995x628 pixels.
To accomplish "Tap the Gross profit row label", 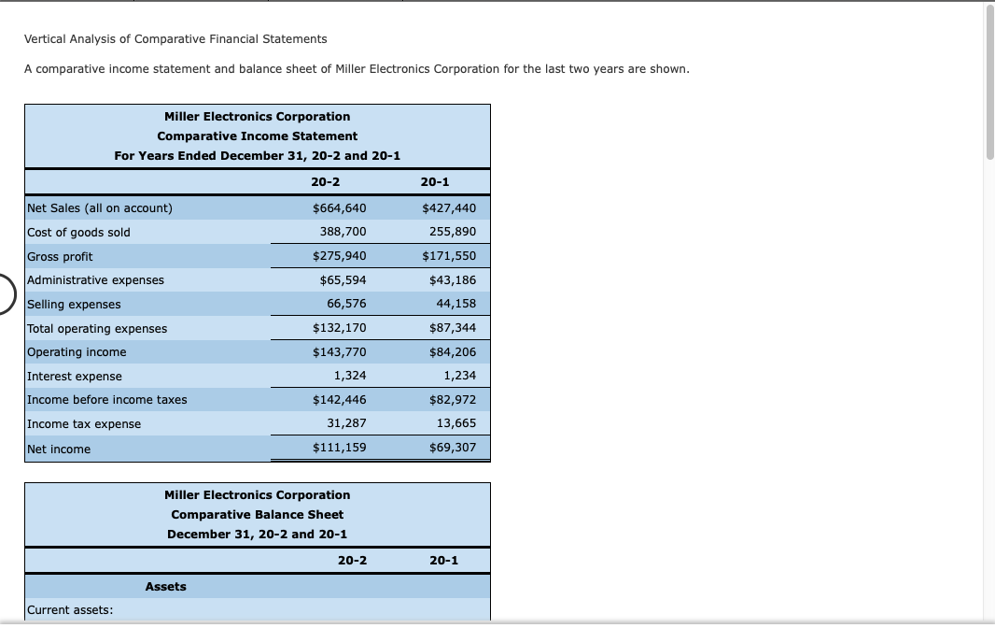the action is (x=60, y=256).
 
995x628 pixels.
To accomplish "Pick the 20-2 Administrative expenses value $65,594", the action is (x=343, y=279).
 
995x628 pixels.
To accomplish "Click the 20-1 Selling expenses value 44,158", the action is (x=455, y=304).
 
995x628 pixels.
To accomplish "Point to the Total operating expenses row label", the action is (x=97, y=328).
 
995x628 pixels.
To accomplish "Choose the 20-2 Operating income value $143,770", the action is (x=339, y=352).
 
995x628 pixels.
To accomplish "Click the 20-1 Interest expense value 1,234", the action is (x=459, y=376).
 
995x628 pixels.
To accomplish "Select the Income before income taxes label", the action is (x=106, y=400).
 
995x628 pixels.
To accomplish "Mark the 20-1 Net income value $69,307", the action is (x=453, y=448).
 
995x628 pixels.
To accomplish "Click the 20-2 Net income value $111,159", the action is (x=339, y=448).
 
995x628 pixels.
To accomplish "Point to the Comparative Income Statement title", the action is (x=257, y=136).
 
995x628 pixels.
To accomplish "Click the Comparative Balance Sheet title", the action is (x=257, y=515).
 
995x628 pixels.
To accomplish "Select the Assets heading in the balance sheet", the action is (x=165, y=587).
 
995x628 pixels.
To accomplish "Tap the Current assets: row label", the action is (x=70, y=610).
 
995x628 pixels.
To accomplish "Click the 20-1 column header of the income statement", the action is (x=435, y=181).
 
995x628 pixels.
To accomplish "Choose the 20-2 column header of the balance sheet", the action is (x=352, y=561).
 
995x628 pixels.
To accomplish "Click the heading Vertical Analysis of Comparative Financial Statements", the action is (x=175, y=39).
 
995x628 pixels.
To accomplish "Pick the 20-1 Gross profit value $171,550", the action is (x=449, y=256).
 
